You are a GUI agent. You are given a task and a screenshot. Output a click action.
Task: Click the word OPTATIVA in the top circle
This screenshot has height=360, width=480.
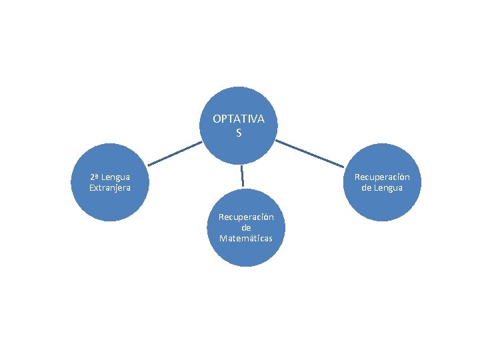[239, 119]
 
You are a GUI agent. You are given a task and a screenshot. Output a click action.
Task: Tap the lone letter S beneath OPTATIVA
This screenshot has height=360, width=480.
[239, 133]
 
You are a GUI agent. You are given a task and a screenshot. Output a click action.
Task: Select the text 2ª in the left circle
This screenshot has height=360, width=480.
[95, 177]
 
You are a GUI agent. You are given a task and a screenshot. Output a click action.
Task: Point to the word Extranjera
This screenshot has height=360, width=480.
[110, 188]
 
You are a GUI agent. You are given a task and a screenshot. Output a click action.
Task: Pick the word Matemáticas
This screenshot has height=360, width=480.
[245, 238]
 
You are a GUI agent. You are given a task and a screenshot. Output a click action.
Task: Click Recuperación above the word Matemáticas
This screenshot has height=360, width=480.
[246, 217]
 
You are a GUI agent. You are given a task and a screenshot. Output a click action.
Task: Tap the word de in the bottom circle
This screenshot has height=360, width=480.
[246, 227]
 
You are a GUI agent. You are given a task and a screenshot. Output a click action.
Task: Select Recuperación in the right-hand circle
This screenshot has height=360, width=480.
[382, 177]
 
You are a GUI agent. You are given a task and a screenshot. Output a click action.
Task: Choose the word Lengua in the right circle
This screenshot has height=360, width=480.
[387, 188]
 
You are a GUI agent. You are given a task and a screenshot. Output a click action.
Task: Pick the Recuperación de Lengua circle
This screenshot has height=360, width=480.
[382, 203]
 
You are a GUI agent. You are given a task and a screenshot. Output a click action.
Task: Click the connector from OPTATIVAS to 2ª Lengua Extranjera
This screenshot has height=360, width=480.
[174, 153]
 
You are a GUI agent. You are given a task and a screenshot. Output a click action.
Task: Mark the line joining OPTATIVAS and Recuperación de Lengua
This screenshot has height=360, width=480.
[310, 153]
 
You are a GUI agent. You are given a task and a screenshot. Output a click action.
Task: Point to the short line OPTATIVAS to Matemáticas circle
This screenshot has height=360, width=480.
[242, 175]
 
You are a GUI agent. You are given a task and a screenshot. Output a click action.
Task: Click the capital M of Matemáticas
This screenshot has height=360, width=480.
[223, 238]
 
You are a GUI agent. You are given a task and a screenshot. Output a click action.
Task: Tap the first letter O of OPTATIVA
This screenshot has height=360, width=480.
[217, 119]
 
